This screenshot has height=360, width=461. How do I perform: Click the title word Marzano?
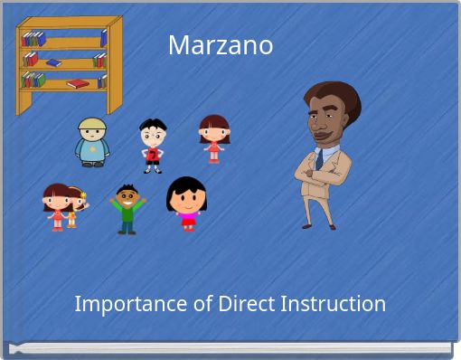pos(221,44)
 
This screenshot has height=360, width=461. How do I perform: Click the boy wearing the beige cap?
pos(91,142)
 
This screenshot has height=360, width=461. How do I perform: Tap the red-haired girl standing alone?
pos(214,138)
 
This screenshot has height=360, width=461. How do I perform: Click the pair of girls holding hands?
pos(63,207)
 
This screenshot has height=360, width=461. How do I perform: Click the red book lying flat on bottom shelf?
pos(79,83)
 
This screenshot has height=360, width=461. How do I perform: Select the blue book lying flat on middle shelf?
pos(53,62)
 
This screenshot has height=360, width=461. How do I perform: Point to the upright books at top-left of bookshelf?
pos(33,38)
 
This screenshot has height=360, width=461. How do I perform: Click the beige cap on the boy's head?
pos(91,124)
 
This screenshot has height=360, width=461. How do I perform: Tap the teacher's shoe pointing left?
pos(308,223)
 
